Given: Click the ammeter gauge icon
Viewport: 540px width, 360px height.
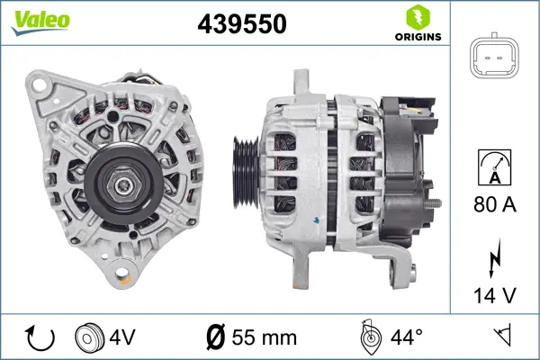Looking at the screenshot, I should (x=496, y=168).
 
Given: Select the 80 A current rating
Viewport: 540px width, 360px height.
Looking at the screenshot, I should (x=496, y=206).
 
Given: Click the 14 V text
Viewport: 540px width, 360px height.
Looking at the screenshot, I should (x=496, y=294).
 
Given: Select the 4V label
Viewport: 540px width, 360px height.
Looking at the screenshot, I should (x=123, y=337).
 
